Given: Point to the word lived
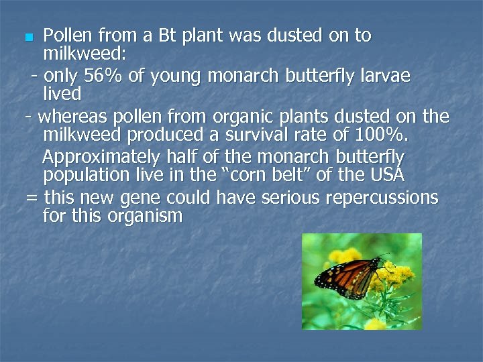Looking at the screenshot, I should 62,93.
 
